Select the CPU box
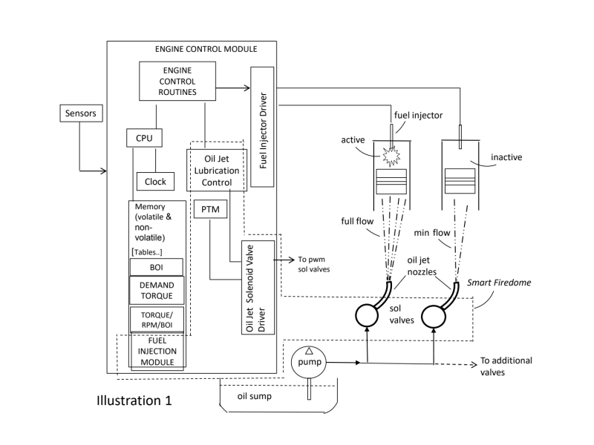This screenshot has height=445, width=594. pyautogui.click(x=143, y=138)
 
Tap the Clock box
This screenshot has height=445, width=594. pyautogui.click(x=155, y=180)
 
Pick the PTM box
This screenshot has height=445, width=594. pyautogui.click(x=208, y=211)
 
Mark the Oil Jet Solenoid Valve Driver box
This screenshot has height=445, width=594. pyautogui.click(x=258, y=286)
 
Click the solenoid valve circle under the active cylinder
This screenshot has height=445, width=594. pyautogui.click(x=368, y=316)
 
